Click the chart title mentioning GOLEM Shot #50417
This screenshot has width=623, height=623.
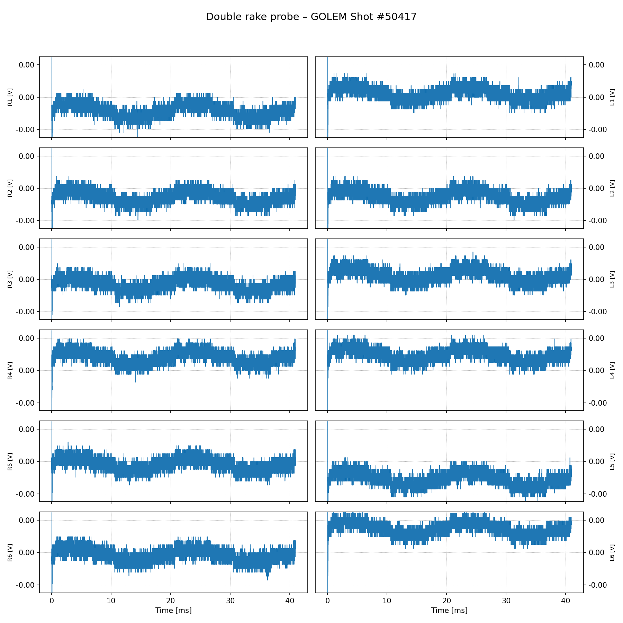(311, 17)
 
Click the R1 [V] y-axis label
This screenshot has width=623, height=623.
(10, 97)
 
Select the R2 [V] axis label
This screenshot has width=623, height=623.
(10, 188)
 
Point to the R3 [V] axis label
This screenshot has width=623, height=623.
(10, 279)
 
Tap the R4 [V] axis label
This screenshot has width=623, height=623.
(10, 370)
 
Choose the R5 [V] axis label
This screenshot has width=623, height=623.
(10, 461)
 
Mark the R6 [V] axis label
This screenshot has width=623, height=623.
(10, 552)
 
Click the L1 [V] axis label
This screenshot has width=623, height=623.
(612, 97)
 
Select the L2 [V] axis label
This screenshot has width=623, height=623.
(612, 188)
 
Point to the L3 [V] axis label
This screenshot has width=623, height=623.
(612, 279)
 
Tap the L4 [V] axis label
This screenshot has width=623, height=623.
(612, 370)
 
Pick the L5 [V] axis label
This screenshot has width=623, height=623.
(612, 461)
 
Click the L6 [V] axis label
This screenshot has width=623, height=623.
(612, 552)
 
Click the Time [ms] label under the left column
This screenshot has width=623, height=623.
(173, 611)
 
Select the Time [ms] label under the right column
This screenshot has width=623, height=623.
(449, 611)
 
